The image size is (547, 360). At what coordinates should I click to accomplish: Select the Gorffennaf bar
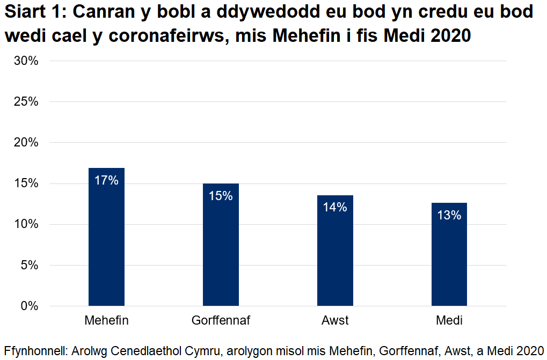click(221, 252)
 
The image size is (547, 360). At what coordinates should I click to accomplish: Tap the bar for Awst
click(335, 258)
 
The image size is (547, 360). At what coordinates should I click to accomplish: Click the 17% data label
click(106, 180)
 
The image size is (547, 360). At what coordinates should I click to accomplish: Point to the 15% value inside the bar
click(221, 196)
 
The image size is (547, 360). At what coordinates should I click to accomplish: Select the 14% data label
click(335, 207)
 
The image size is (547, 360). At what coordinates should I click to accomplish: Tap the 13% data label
click(449, 215)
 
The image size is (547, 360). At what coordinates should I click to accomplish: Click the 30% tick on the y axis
click(26, 61)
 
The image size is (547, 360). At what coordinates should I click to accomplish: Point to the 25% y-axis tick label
click(26, 101)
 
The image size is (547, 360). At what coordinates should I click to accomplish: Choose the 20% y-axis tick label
click(26, 143)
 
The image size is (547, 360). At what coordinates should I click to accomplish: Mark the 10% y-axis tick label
click(26, 224)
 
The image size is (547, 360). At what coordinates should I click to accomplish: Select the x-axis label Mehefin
click(106, 321)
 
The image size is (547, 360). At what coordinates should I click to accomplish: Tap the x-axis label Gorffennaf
click(221, 321)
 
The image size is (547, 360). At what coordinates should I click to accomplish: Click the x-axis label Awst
click(335, 321)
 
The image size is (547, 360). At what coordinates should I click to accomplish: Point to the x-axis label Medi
click(449, 321)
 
